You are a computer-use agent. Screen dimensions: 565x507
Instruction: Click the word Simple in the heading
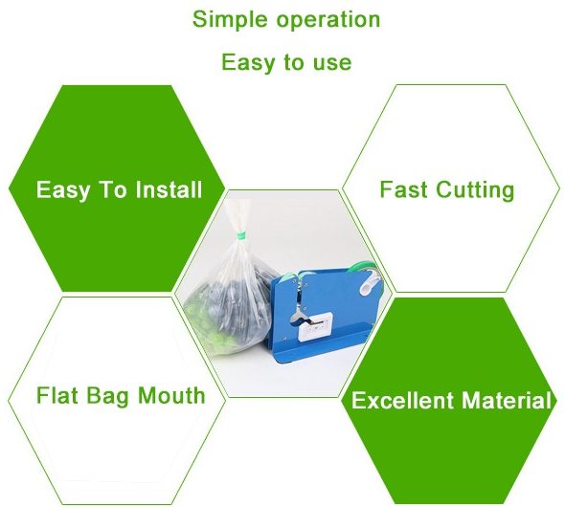click(x=231, y=20)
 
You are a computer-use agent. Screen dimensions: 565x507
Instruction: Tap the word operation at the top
click(x=328, y=20)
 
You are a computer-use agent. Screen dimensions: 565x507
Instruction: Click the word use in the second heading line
click(x=332, y=63)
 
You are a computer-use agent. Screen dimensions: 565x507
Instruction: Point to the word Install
click(x=169, y=189)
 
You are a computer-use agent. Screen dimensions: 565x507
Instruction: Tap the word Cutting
click(x=475, y=190)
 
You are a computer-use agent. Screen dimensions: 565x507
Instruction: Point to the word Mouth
click(x=171, y=395)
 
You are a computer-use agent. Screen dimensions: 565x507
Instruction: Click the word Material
click(x=507, y=400)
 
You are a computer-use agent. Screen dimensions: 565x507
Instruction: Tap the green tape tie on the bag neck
click(x=240, y=235)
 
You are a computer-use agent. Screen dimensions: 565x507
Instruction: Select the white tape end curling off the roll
click(x=371, y=282)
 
